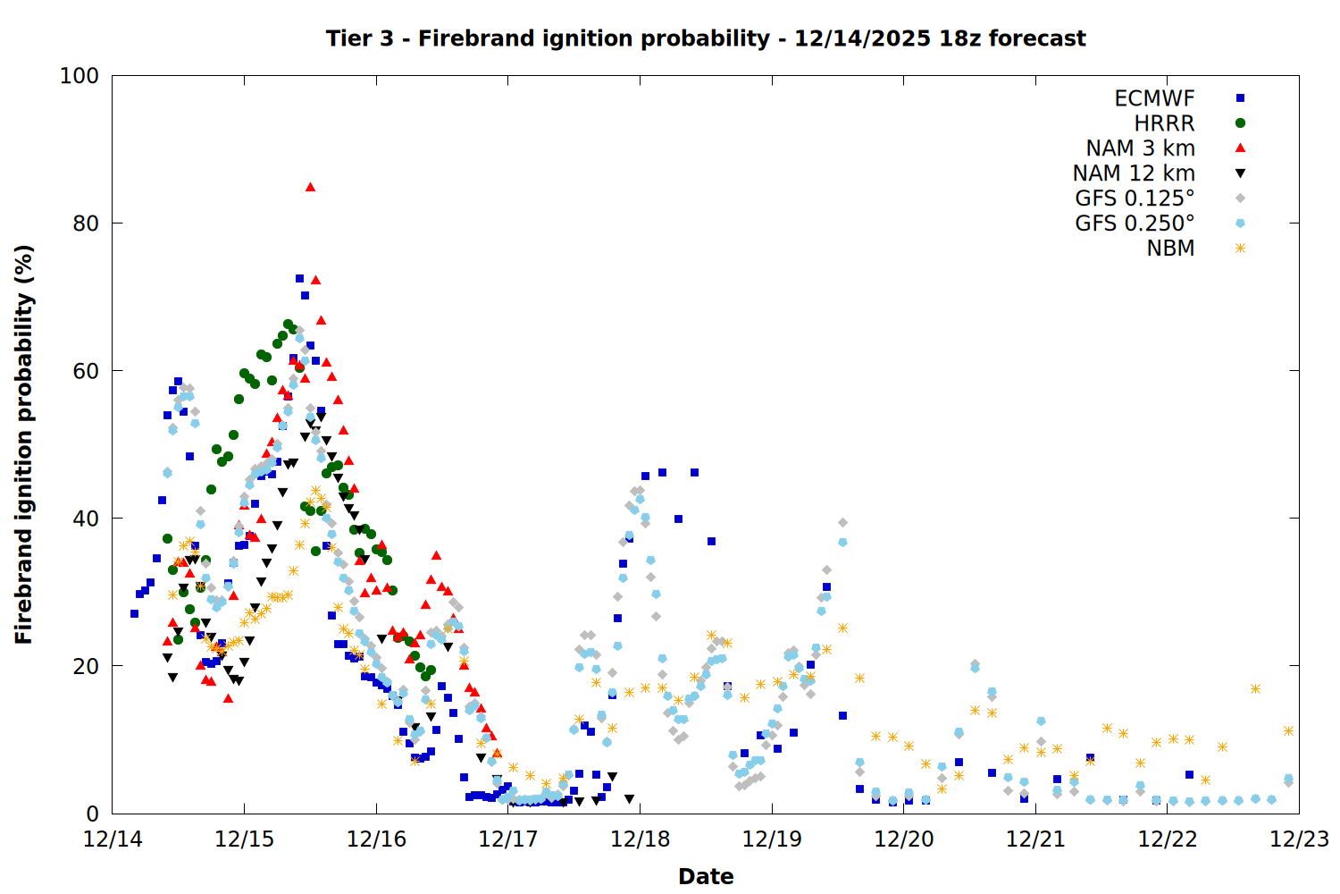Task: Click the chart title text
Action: (705, 38)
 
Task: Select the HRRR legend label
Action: (1164, 123)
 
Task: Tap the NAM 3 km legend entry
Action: (1140, 148)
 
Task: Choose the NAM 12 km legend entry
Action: (1134, 173)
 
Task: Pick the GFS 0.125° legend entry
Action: (1135, 198)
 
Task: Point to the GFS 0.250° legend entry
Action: (1135, 223)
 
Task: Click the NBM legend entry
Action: (1170, 249)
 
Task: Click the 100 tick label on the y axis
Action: (79, 76)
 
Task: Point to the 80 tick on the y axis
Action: (86, 223)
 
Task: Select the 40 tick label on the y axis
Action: (86, 519)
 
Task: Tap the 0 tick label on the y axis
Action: (92, 814)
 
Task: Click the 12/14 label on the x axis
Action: (113, 839)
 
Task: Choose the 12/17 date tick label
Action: (508, 839)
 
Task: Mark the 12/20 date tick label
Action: (904, 839)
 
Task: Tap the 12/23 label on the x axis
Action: (1299, 839)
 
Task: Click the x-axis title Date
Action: (706, 876)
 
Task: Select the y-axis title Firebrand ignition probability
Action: (24, 444)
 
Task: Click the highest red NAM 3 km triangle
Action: (310, 187)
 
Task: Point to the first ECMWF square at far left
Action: (134, 613)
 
